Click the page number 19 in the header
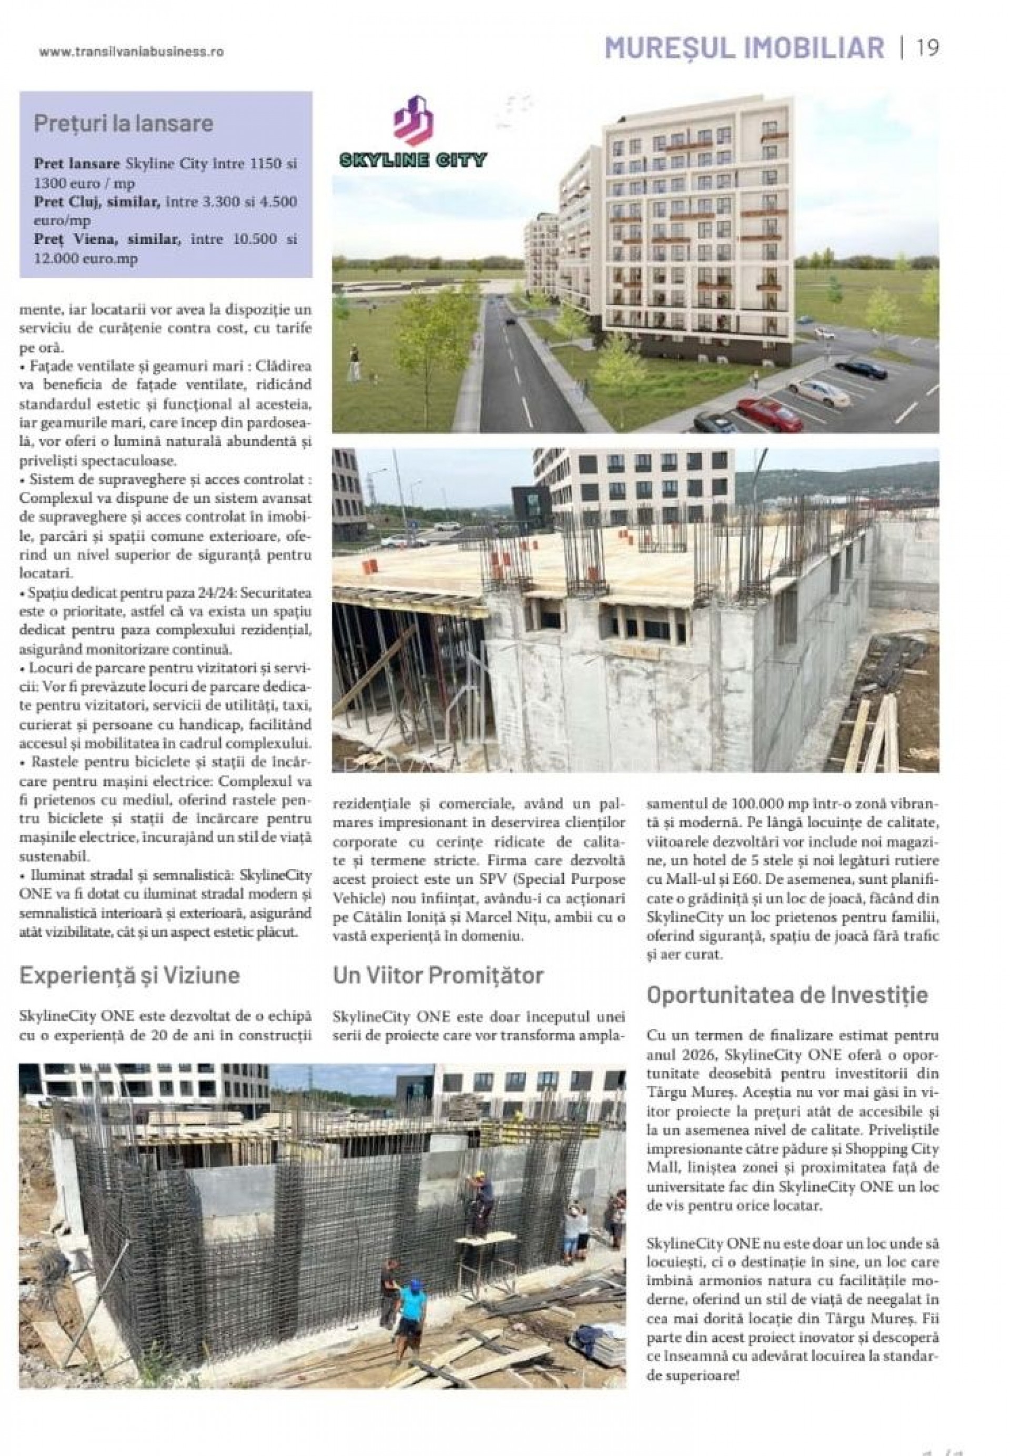point(928,48)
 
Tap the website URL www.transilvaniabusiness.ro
point(131,53)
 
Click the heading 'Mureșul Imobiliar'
point(744,48)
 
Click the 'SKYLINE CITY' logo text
point(413,159)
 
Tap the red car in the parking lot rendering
point(770,411)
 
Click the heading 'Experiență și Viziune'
point(130,975)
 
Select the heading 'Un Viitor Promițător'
point(438,975)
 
